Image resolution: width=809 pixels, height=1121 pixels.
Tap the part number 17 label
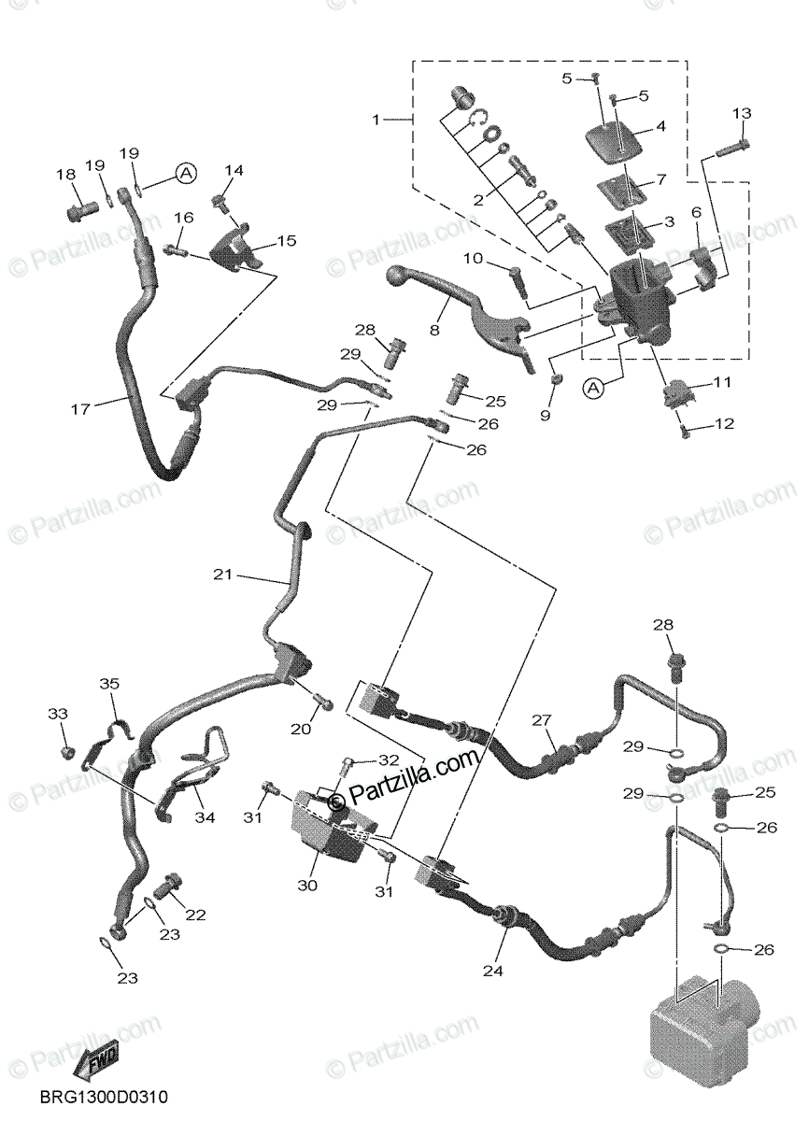pos(79,408)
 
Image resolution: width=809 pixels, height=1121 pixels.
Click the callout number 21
pos(221,575)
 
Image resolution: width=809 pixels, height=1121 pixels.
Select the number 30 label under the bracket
pos(308,884)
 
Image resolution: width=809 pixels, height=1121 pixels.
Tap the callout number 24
pos(492,971)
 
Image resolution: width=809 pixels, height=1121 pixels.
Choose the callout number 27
pos(542,720)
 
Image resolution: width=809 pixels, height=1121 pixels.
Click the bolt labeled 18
pos(80,211)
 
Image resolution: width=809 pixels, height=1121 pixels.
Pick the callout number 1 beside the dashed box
pos(376,120)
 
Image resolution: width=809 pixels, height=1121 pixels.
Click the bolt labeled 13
pos(734,146)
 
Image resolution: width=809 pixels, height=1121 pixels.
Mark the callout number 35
pos(110,684)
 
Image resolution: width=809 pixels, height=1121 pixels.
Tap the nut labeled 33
pos(65,752)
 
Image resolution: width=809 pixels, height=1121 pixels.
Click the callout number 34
pos(205,817)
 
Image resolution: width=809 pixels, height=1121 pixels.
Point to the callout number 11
pos(721,383)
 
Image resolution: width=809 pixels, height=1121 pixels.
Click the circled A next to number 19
pos(185,173)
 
